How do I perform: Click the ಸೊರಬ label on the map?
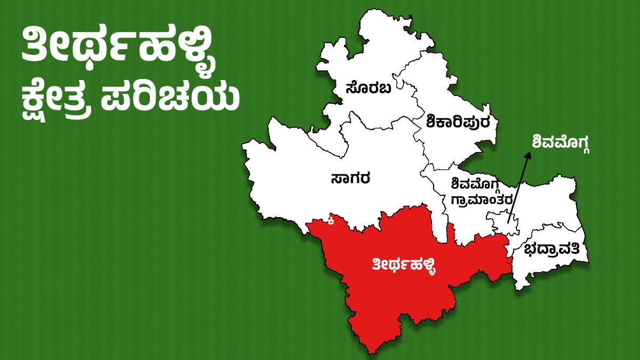pos(368,87)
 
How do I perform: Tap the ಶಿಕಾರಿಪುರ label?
pos(461,122)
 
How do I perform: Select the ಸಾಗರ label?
pos(350,178)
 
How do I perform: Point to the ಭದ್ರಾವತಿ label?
pos(555,250)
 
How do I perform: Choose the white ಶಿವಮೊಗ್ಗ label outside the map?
pos(562,142)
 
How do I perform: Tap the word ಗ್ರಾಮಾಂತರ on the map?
pos(482,199)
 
